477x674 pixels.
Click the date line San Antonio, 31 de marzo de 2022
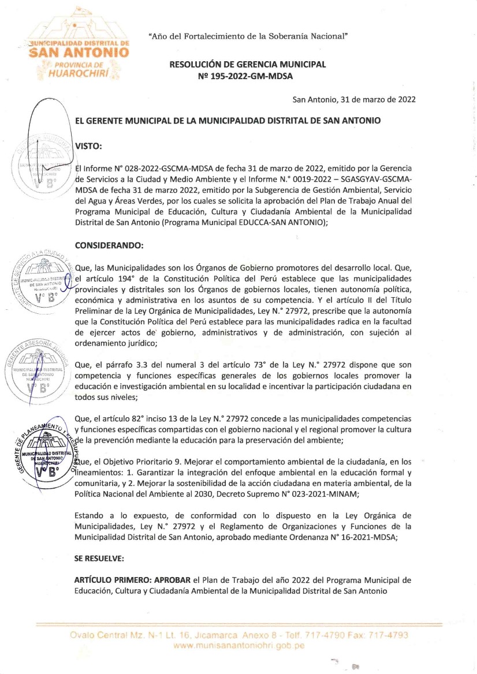click(x=354, y=99)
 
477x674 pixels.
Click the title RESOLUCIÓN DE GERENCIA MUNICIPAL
click(x=247, y=64)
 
